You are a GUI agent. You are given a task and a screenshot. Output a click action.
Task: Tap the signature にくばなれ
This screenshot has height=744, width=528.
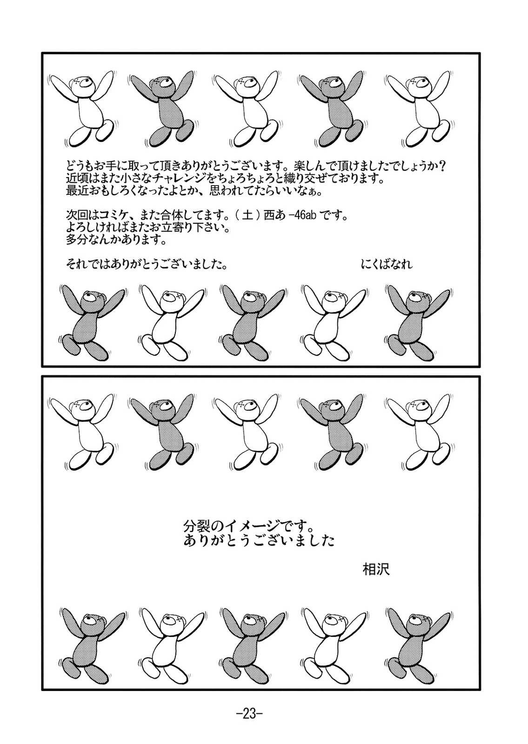click(x=387, y=265)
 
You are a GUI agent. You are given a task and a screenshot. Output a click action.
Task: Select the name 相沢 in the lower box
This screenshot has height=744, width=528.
click(x=376, y=569)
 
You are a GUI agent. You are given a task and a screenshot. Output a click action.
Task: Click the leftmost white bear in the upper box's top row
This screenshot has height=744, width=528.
click(x=82, y=109)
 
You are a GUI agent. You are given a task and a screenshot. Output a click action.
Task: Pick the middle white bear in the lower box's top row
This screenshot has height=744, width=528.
click(x=245, y=432)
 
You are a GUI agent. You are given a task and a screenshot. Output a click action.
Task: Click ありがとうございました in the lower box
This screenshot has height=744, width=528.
click(x=259, y=541)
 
